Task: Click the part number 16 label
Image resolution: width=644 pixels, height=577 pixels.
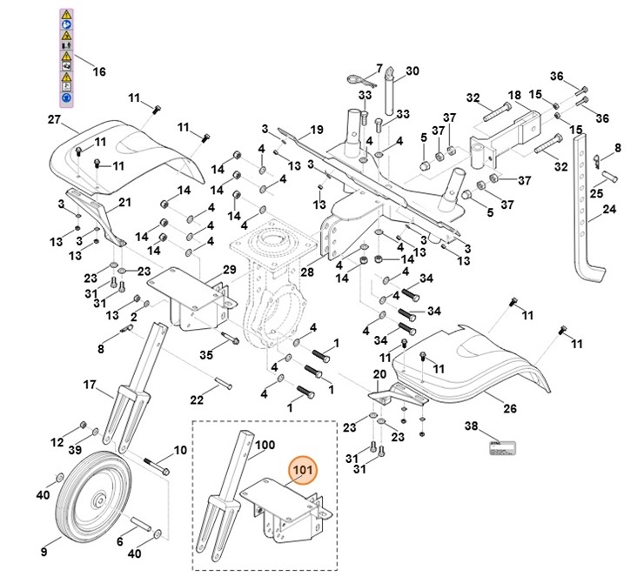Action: coord(98,71)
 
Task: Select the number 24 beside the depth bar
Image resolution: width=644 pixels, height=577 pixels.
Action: coord(608,210)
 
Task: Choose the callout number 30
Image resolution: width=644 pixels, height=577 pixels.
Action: coord(413,70)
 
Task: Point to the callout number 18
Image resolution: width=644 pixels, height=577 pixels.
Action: coord(513,95)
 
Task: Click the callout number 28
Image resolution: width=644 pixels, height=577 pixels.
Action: coord(306,273)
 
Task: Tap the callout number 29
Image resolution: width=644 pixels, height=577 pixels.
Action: coord(229,269)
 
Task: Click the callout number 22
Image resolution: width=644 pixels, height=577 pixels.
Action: coord(197,399)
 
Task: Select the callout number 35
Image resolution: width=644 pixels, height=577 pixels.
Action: coord(206,354)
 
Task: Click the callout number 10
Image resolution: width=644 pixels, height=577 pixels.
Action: coord(180,450)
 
